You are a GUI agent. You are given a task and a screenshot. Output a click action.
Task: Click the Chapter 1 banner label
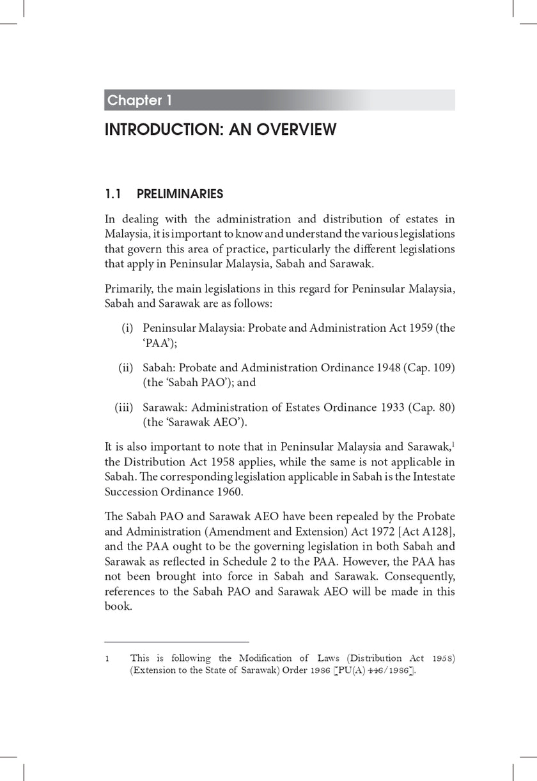(139, 100)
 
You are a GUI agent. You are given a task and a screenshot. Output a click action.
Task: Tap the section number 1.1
(114, 194)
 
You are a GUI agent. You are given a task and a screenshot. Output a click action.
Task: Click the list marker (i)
(127, 329)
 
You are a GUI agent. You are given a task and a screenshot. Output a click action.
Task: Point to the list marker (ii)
(125, 368)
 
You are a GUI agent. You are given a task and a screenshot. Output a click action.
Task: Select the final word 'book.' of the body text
(118, 607)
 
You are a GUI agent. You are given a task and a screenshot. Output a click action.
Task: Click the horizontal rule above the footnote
(176, 642)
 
